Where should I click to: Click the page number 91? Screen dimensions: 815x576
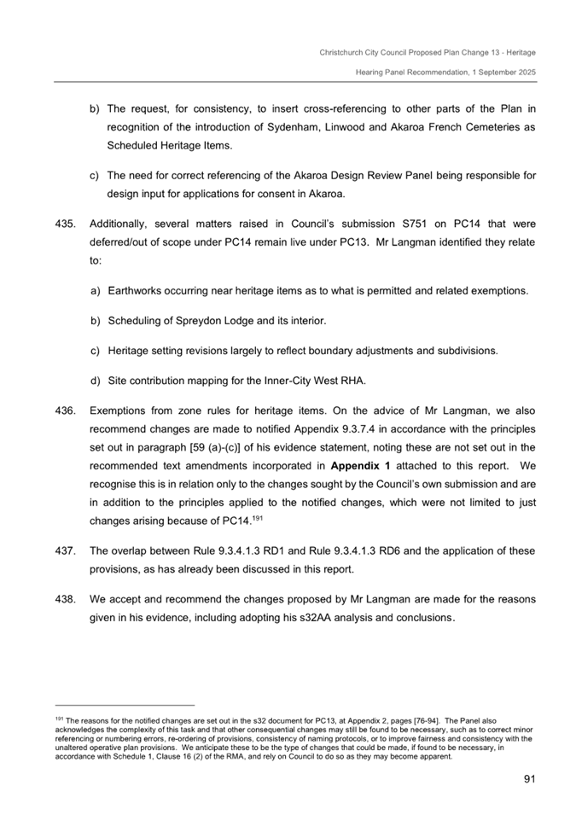(528, 778)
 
